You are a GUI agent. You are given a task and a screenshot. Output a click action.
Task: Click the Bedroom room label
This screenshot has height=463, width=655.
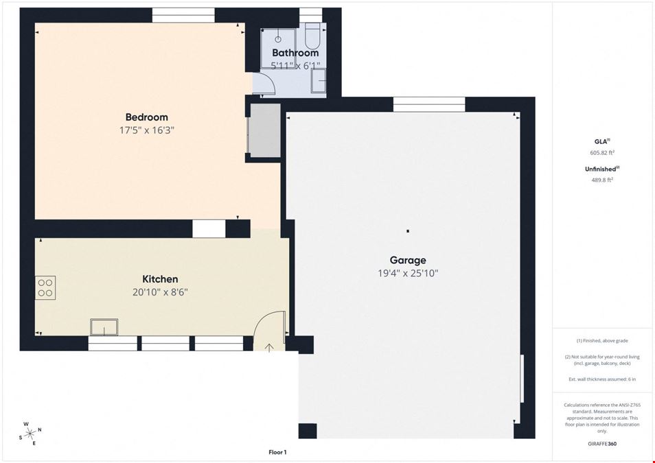(147, 117)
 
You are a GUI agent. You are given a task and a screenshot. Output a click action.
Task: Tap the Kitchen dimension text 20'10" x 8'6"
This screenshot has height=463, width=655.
(160, 292)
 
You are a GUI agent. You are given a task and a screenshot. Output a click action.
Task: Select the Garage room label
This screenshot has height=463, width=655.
(408, 260)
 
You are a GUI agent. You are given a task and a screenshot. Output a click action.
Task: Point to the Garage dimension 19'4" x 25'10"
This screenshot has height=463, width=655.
(408, 274)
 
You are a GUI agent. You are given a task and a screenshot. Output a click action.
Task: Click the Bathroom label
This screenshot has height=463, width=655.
(295, 53)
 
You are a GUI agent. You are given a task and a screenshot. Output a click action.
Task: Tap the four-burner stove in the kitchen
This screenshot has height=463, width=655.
(45, 287)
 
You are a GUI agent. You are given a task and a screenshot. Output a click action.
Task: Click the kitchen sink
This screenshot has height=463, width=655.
(104, 327)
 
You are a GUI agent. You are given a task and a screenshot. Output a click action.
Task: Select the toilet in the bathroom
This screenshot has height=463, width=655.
(312, 36)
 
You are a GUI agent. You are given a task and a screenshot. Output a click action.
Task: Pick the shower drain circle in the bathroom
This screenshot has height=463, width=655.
(278, 40)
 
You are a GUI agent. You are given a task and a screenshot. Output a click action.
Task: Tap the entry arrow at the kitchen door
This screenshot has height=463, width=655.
(269, 347)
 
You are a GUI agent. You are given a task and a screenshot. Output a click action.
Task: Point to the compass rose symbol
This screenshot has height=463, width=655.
(30, 434)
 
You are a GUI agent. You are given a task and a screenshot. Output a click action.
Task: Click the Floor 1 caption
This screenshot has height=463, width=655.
(277, 452)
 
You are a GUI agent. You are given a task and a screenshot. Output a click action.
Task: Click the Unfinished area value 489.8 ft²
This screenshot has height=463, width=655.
(602, 180)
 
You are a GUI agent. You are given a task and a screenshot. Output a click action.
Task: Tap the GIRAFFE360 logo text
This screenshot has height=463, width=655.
(602, 444)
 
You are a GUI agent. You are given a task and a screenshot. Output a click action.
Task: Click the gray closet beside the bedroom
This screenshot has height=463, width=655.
(265, 130)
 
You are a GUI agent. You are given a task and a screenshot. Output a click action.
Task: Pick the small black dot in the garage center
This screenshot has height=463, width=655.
(408, 231)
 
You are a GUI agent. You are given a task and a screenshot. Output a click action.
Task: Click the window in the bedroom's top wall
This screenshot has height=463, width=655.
(183, 15)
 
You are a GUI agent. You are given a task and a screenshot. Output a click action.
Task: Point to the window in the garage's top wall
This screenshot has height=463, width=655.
(429, 104)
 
